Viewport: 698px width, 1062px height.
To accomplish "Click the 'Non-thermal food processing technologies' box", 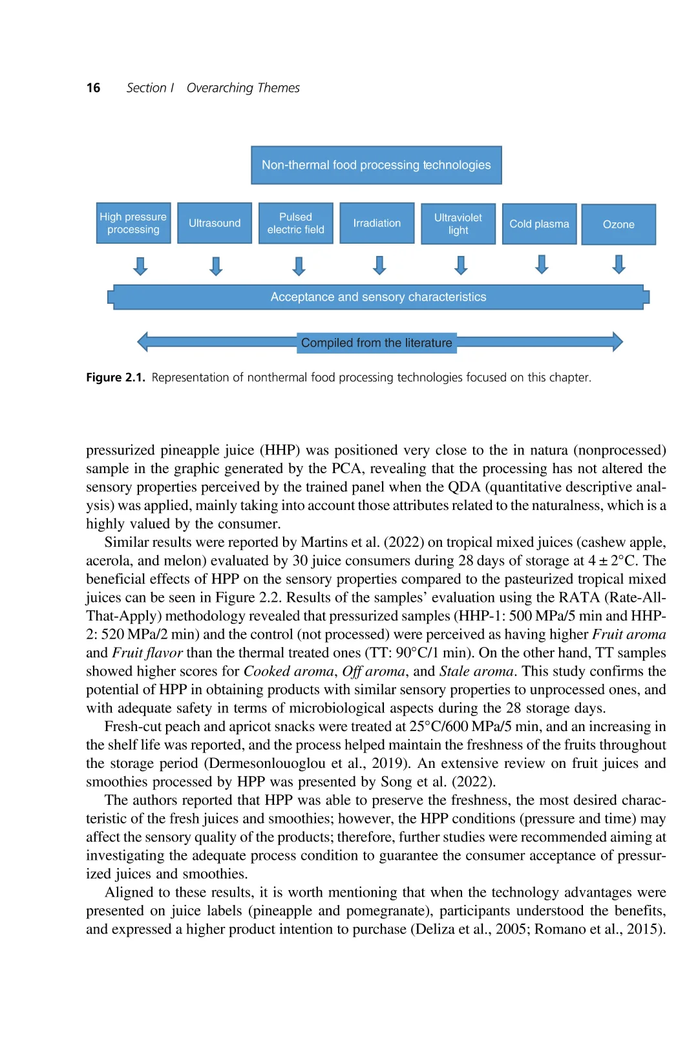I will coord(376,165).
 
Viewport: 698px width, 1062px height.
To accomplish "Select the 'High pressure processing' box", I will coord(133,223).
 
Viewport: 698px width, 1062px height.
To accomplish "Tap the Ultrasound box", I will coord(215,223).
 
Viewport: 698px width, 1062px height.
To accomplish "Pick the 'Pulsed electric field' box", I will coord(295,223).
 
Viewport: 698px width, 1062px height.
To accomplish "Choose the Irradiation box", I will coord(377,223).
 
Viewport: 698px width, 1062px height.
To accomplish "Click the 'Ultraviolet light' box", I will coord(458,224).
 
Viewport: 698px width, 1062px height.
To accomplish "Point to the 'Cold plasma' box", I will coord(539,224).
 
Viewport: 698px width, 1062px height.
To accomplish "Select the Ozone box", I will coord(619,224).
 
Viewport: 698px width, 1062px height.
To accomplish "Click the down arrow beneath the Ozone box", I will coord(619,264).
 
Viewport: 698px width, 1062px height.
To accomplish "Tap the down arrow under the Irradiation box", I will coord(379,265).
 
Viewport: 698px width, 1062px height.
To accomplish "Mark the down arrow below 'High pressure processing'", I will coord(140,266).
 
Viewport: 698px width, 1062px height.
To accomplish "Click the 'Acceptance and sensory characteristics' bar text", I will coord(378,297).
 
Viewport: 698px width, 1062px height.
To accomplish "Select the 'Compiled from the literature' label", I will coord(377,343).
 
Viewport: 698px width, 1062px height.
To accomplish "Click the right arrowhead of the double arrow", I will coord(617,341).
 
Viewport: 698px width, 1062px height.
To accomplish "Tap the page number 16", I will coord(93,88).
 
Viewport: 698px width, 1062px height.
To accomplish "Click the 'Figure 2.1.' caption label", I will coord(116,377).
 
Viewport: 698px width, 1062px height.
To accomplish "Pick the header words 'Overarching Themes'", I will coord(243,88).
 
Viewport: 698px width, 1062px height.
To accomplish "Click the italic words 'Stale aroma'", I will coord(476,671).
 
